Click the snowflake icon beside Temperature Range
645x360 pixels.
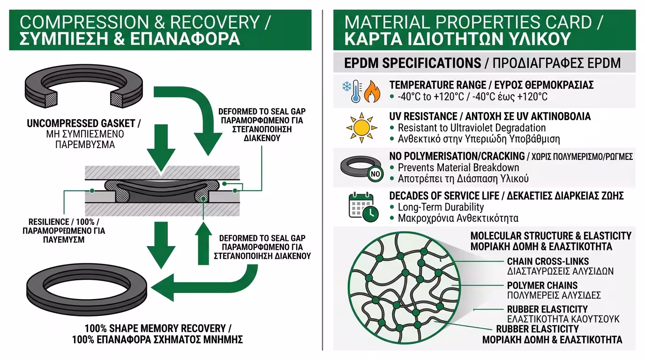coord(348,87)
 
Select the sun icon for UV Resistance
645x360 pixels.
coord(361,127)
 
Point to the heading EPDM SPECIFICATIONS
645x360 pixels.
coord(412,63)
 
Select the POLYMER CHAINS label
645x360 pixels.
coord(542,285)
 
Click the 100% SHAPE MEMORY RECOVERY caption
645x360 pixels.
coord(157,328)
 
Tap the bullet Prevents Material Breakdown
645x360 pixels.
coord(458,167)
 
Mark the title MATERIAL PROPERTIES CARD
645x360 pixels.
coord(473,22)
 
